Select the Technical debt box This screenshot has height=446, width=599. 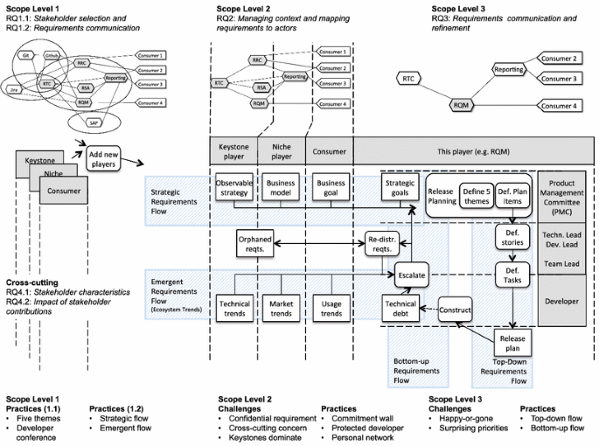coord(401,307)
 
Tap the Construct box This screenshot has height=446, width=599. coord(455,310)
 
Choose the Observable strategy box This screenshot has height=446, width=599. coord(233,187)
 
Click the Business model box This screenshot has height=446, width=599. coord(282,187)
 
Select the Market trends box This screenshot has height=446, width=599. coord(282,307)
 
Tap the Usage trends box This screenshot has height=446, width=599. coord(331,307)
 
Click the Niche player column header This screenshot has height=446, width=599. coord(282,151)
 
